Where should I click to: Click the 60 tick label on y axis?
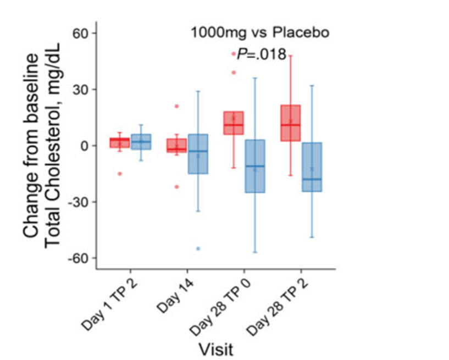tap(81, 34)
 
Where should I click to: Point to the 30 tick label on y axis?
tap(81, 90)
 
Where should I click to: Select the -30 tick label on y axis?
tap(79, 202)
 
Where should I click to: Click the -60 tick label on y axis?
tap(79, 258)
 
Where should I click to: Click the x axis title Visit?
tap(215, 348)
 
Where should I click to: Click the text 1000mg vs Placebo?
tap(260, 32)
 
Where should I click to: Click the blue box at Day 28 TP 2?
tap(311, 167)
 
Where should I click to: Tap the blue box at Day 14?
tap(198, 154)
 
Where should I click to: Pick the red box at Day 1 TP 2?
tap(119, 143)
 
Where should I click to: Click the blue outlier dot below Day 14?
tap(198, 248)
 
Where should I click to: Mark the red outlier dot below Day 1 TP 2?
tap(119, 174)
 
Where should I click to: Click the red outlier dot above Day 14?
tap(177, 106)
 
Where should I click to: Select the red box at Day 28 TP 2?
tap(290, 123)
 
